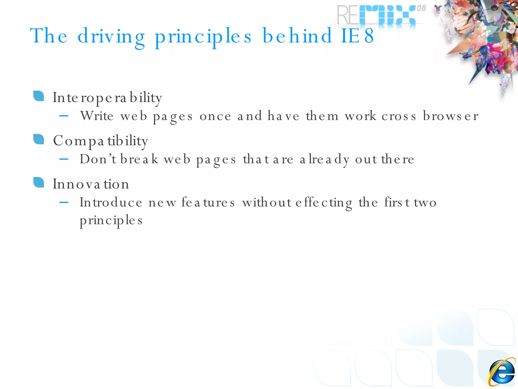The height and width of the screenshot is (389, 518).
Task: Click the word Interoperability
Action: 107,98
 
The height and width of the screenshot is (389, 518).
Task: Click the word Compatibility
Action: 100,141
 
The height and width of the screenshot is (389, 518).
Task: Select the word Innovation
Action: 91,184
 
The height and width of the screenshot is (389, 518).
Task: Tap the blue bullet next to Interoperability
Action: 39,96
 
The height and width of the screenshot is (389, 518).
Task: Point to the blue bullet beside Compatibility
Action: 39,139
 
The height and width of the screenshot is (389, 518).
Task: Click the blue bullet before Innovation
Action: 39,183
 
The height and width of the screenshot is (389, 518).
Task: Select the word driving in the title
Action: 111,37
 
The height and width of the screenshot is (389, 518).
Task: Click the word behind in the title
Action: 297,36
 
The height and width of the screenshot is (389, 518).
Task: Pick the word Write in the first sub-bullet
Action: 97,116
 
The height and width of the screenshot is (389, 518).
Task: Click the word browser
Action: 450,116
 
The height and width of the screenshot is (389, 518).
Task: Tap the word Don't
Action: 98,159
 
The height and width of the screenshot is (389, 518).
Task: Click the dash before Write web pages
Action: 64,116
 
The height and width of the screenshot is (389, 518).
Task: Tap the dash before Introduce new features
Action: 64,202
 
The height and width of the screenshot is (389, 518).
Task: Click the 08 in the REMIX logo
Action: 421,8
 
